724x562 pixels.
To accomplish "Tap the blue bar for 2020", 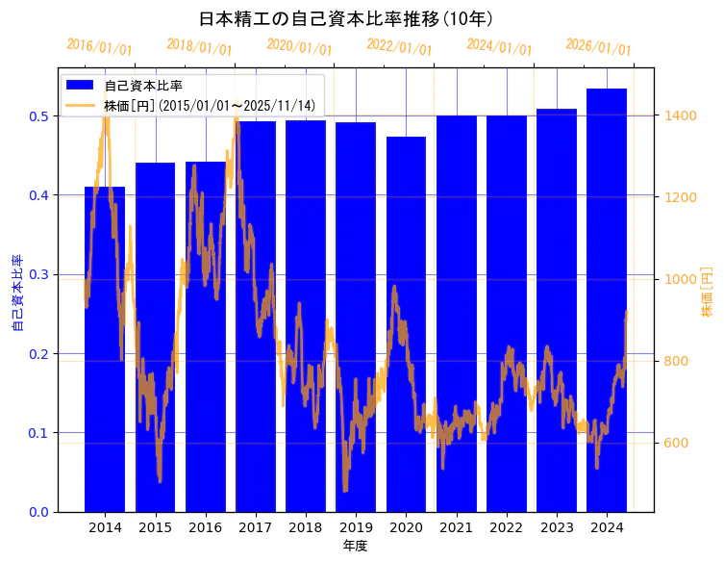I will click(406, 323).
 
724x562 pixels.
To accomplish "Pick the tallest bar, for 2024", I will click(607, 299).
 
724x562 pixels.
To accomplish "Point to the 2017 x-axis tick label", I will click(256, 527).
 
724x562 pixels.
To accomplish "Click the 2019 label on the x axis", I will click(356, 527).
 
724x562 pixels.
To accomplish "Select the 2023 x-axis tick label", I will click(557, 527).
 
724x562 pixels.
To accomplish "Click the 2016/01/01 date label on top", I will click(99, 47).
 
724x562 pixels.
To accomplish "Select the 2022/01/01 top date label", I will click(399, 47).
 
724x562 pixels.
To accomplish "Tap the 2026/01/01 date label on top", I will click(598, 47).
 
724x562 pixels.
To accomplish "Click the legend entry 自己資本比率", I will click(143, 85).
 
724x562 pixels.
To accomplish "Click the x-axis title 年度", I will click(355, 546).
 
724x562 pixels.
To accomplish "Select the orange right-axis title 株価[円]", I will click(707, 293).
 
